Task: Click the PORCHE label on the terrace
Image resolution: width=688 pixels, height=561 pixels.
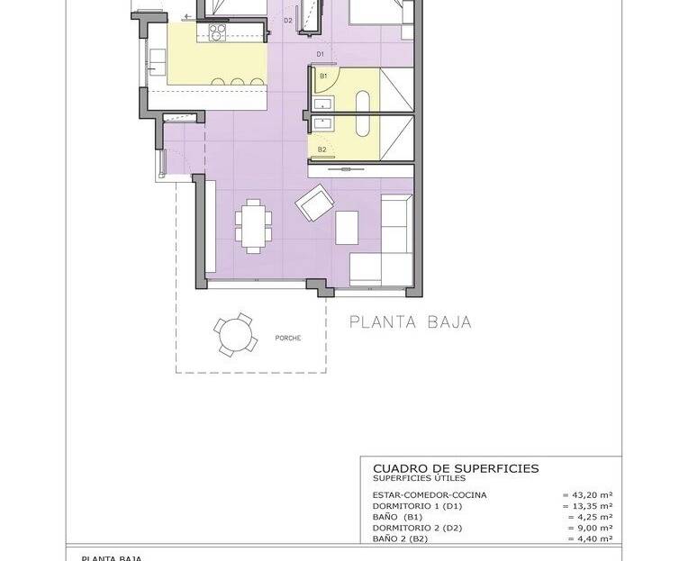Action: tap(288, 339)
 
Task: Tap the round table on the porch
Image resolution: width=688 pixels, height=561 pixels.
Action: tap(234, 335)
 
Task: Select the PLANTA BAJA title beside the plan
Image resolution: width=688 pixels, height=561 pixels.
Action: tap(411, 322)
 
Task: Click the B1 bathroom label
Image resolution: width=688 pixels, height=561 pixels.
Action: tap(323, 76)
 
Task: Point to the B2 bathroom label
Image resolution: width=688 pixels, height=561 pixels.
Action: tap(322, 149)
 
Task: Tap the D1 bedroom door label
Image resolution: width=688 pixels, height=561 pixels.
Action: tap(321, 54)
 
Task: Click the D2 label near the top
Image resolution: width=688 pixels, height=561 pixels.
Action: tap(288, 20)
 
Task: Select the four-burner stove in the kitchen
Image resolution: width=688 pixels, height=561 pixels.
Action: tap(217, 32)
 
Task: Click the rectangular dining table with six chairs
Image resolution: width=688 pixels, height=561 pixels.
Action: tap(253, 226)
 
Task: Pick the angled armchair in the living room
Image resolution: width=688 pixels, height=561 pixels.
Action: tap(314, 203)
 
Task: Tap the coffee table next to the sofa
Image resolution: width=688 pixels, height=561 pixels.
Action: tap(347, 228)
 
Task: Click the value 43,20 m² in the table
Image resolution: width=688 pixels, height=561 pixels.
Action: tap(587, 494)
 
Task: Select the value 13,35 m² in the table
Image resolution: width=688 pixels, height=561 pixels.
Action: tap(587, 506)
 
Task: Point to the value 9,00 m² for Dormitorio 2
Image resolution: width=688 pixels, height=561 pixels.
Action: tap(590, 528)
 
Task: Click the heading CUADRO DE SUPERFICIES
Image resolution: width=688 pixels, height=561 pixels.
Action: tap(456, 468)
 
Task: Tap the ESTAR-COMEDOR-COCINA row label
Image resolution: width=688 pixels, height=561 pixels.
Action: tap(430, 494)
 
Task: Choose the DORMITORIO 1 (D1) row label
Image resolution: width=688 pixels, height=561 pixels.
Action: tap(417, 506)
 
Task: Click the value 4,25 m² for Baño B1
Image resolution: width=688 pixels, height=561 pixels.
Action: tap(590, 517)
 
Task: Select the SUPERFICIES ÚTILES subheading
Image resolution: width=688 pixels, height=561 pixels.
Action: tap(419, 478)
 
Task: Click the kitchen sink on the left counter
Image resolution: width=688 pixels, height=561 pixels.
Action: tap(157, 62)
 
